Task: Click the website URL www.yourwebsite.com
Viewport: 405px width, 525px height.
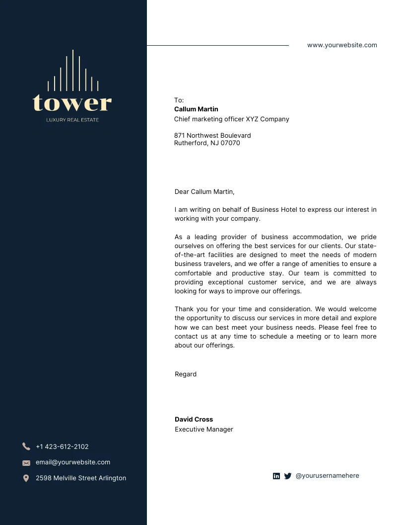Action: click(342, 45)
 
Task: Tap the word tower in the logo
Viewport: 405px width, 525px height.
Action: click(72, 103)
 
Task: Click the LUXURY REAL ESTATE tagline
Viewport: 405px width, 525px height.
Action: click(72, 120)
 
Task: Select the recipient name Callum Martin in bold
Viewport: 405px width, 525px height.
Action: click(196, 109)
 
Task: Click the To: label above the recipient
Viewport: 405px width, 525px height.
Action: click(179, 100)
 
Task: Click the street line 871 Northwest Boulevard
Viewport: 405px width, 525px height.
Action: click(212, 135)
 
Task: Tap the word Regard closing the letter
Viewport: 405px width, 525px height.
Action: click(186, 374)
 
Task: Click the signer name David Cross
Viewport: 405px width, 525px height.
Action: click(194, 420)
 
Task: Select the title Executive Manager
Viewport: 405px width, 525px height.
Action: click(203, 430)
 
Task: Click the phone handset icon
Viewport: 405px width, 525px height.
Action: click(26, 446)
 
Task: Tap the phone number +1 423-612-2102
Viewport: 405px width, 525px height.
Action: click(62, 446)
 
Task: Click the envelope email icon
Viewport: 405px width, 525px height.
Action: click(26, 463)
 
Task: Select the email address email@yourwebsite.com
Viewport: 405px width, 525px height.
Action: click(73, 462)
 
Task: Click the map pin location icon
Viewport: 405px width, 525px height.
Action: click(26, 478)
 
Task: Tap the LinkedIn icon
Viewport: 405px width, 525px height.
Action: click(276, 476)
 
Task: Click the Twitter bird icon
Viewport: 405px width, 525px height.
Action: click(288, 476)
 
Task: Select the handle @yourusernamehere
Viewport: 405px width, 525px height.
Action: click(327, 476)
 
